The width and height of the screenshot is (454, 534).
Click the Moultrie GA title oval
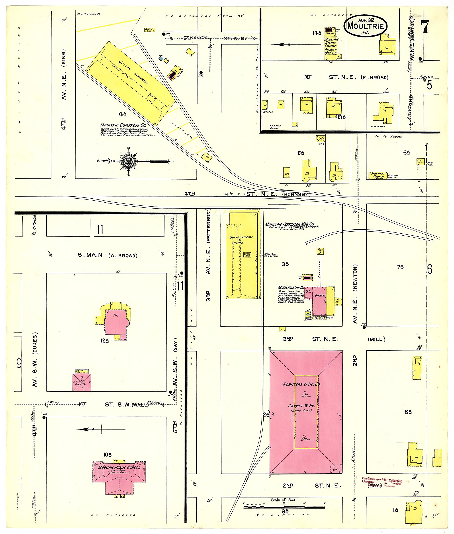366,26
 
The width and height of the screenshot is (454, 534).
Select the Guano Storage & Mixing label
241,240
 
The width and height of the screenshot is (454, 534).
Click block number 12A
105,341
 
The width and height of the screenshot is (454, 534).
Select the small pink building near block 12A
82,383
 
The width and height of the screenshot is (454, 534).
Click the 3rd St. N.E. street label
311,339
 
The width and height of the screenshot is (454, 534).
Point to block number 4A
123,114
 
